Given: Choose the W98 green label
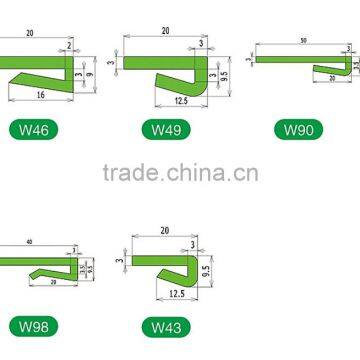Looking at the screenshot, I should [26, 327].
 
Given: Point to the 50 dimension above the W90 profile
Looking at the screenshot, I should [302, 41].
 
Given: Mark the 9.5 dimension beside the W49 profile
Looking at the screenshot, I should [225, 74].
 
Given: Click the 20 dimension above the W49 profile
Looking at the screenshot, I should [164, 31].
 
